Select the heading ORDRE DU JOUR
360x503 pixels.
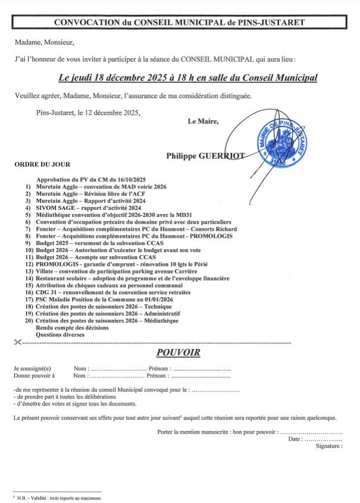point(42,165)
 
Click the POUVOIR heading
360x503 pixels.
point(178,353)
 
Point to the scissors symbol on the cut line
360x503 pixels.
point(17,342)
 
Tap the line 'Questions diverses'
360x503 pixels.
point(60,335)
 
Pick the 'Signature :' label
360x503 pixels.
point(329,446)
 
